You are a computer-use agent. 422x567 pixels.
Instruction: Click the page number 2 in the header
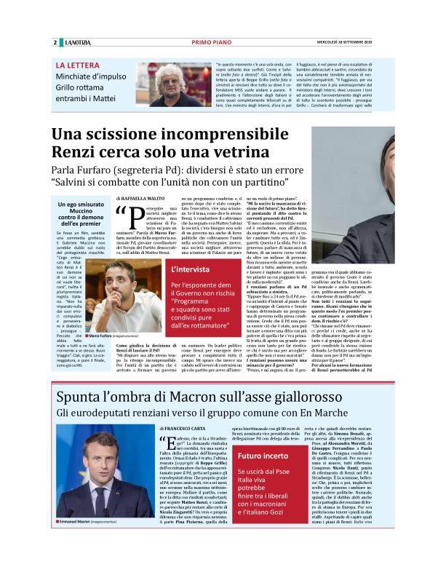55,42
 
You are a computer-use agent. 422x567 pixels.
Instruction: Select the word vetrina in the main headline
236,156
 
